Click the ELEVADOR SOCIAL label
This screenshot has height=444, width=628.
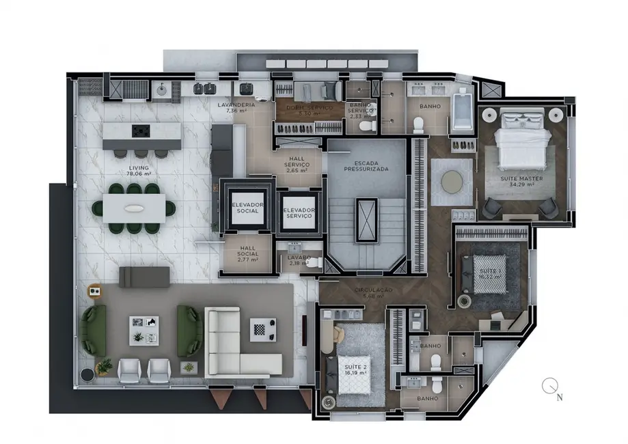[245, 208]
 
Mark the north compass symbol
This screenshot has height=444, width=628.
[549, 387]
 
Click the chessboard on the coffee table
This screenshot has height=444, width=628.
[262, 328]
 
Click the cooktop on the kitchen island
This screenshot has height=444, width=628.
[141, 130]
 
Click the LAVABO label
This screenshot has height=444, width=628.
[300, 260]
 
